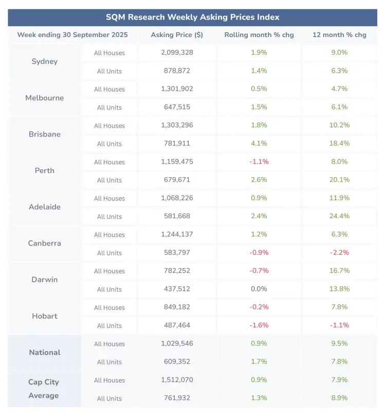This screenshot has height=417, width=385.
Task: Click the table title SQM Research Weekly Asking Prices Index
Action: pos(192,17)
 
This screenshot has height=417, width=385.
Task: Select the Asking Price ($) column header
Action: pos(177,35)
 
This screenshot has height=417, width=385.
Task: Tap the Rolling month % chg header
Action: pos(259,35)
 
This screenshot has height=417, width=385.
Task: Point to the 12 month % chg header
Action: pos(339,35)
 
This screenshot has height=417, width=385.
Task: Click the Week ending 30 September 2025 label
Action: pos(72,35)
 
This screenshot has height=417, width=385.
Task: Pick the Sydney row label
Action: pos(45,62)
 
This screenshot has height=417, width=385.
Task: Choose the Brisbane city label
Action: pos(45,134)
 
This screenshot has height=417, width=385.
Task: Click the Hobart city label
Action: pos(45,316)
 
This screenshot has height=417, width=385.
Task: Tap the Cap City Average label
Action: pos(44,389)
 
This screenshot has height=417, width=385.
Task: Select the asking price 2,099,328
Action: pos(177,53)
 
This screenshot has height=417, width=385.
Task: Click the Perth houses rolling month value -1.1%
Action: pos(259,162)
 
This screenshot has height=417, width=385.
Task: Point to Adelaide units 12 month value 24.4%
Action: pos(339,216)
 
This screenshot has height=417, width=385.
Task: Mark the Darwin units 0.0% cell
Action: pos(259,289)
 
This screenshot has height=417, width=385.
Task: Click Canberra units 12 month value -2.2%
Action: pos(339,253)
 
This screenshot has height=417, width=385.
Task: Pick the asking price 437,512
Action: pos(177,289)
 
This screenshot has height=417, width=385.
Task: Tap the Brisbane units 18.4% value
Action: pos(339,144)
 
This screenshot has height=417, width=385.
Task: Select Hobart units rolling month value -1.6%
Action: pos(259,325)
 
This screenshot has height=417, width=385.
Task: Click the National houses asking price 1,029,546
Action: pos(177,343)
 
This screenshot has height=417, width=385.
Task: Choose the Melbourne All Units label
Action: pos(109,108)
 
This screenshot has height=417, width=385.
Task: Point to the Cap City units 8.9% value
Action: pos(339,398)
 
